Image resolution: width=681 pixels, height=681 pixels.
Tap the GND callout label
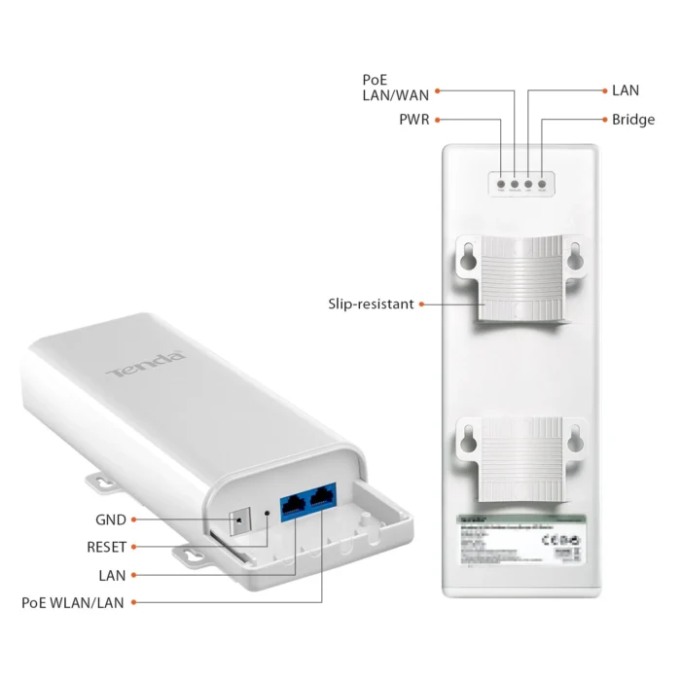point(111,520)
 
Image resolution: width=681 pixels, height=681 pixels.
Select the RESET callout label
point(106,547)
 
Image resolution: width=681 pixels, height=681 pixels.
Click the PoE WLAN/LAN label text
point(73,602)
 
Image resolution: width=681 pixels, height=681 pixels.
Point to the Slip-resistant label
point(371,305)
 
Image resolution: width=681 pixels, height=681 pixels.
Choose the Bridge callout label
point(633,120)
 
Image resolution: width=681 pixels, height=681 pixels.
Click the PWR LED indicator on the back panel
point(500,183)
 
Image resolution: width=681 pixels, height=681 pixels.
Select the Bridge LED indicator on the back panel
point(542,183)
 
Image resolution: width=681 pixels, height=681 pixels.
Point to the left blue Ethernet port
point(293,504)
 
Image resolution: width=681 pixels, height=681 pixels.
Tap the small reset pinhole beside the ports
point(266,511)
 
